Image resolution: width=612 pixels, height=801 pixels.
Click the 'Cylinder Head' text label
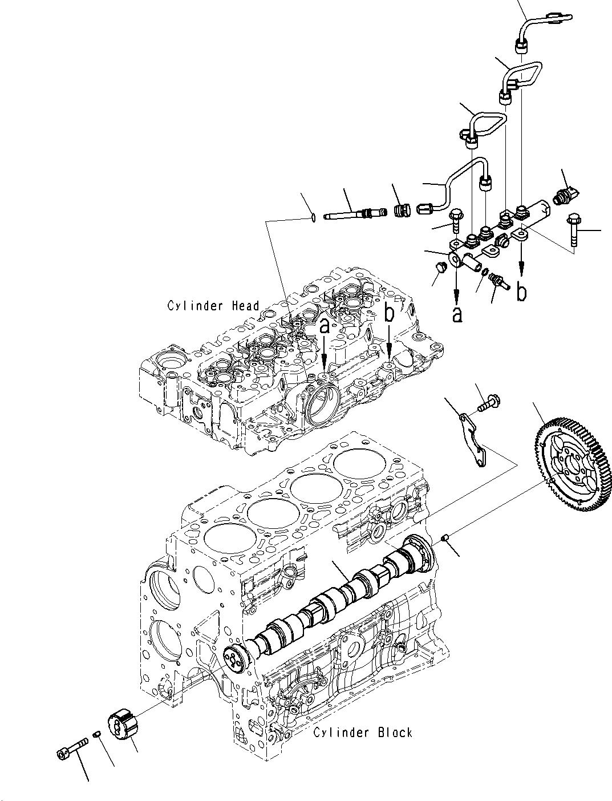click(213, 306)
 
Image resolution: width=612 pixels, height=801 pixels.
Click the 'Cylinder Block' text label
click(362, 733)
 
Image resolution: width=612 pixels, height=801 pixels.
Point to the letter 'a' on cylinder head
click(324, 327)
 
